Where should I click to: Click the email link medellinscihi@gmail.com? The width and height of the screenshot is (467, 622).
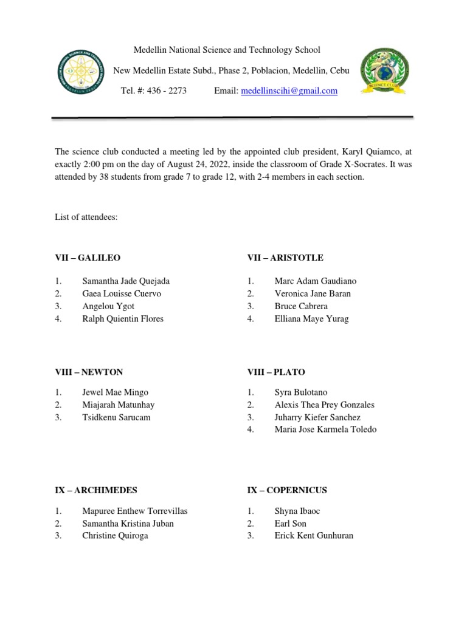point(289,91)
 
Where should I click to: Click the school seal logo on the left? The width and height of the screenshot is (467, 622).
point(81,72)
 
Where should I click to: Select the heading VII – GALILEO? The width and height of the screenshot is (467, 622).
point(88,258)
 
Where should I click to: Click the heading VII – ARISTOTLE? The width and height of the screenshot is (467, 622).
point(285,258)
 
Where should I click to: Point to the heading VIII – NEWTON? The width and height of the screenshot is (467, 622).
point(89,372)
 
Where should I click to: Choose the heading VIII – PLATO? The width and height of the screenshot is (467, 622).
point(276,372)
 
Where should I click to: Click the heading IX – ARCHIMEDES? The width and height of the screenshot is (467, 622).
point(96,490)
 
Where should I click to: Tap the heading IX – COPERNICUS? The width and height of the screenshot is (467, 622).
point(287,490)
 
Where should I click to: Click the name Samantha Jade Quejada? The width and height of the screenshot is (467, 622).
point(126,281)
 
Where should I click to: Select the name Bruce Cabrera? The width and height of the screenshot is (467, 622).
point(301,306)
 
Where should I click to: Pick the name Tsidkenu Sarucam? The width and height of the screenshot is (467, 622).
point(116,417)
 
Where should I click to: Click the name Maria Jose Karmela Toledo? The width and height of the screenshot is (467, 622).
point(325,429)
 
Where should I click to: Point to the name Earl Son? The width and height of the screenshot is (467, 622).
point(291,524)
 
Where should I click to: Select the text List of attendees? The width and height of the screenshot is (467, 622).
point(86,217)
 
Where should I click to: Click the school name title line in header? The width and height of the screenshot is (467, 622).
point(227,50)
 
